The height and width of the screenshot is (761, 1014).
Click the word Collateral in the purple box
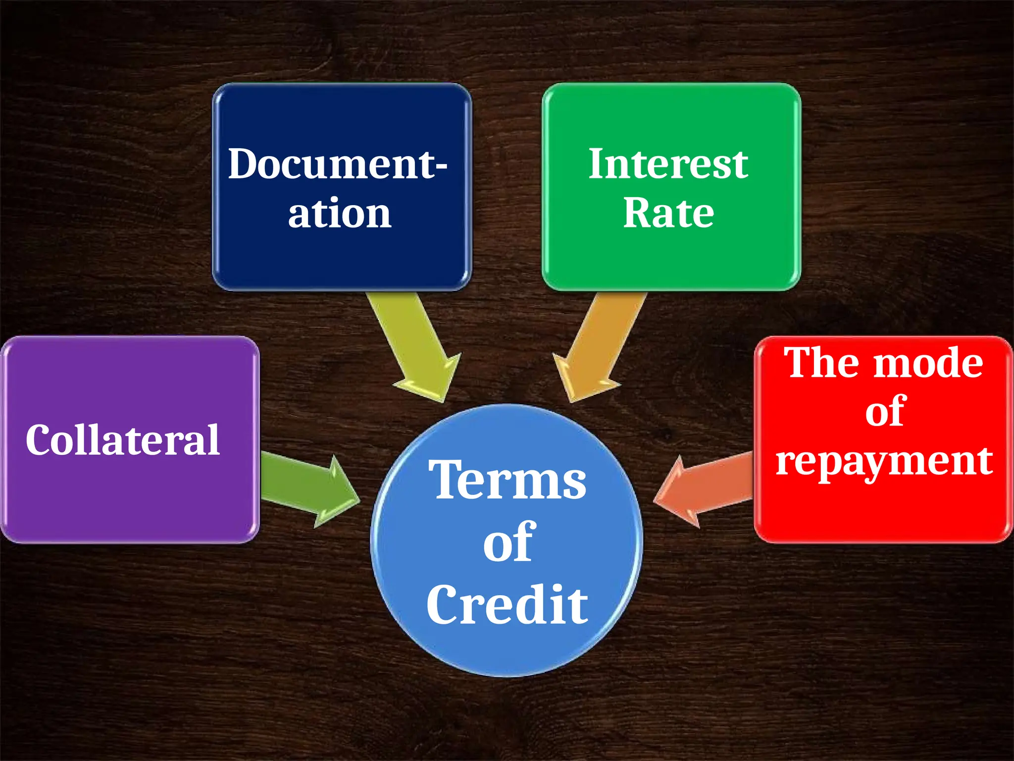click(x=123, y=440)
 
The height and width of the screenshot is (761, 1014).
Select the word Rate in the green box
click(x=668, y=213)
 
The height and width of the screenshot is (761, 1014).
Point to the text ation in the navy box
click(x=340, y=213)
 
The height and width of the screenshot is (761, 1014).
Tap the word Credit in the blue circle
click(x=507, y=604)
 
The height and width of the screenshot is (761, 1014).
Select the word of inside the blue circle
click(x=509, y=543)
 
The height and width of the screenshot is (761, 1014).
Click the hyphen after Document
click(x=440, y=167)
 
